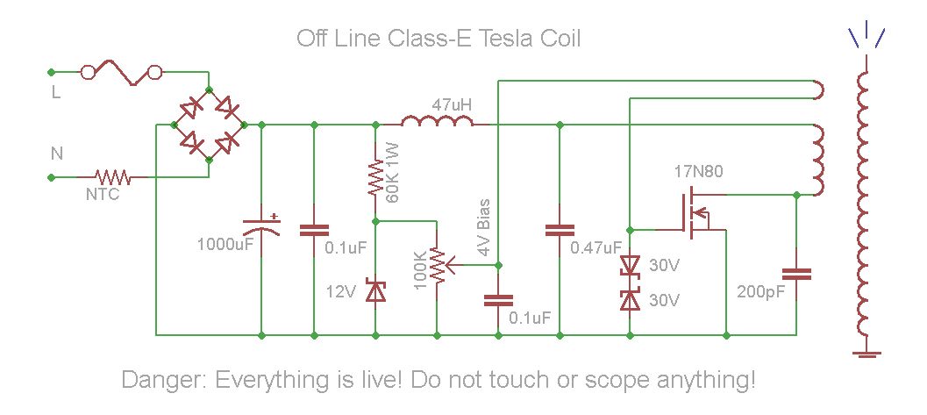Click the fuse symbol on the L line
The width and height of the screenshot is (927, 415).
pos(122,72)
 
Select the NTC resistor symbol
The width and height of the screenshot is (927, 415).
pos(113,177)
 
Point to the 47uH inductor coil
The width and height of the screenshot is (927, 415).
pos(437,124)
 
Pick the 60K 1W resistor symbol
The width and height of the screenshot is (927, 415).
pos(375,176)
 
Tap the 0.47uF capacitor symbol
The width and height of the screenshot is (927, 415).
pos(559,231)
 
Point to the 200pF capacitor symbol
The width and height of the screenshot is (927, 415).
pos(796,274)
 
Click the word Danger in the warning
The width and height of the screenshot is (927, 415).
pos(163,381)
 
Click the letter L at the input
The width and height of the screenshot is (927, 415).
pos(55,93)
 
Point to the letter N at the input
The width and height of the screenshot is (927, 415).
pos(56,154)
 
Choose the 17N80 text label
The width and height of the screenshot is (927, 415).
pos(699,170)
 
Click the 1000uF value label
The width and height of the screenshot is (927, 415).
pos(225,243)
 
